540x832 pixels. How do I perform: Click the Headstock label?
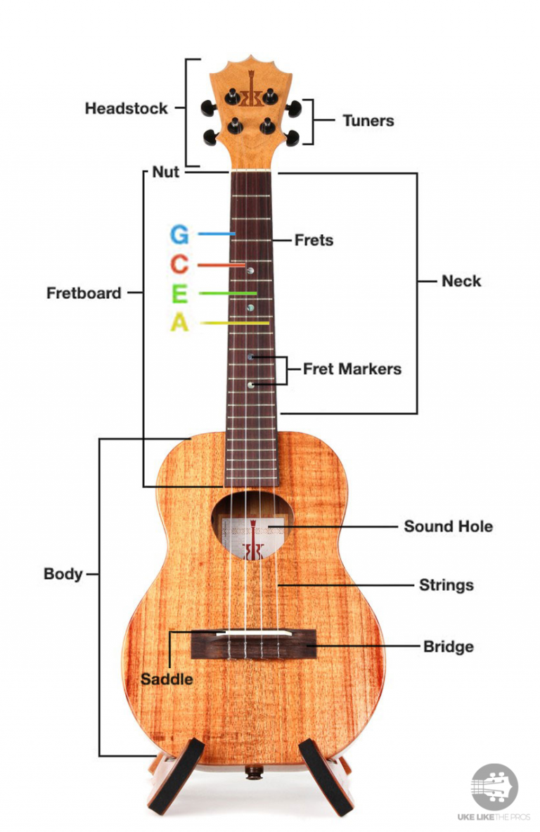click(x=127, y=108)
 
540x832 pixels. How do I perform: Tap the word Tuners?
click(x=368, y=120)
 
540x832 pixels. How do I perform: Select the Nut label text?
click(x=166, y=172)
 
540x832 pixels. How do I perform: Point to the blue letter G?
click(x=179, y=234)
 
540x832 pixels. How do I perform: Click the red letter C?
click(x=179, y=265)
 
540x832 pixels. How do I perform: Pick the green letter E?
click(x=179, y=293)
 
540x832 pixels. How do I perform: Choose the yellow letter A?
click(x=180, y=323)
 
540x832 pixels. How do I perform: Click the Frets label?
click(x=314, y=240)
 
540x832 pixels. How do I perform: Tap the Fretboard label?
click(x=84, y=293)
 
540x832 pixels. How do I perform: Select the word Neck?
click(x=461, y=281)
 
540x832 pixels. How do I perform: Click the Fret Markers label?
click(x=352, y=369)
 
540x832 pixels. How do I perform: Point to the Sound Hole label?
click(x=448, y=526)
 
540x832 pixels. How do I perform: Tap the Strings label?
click(x=446, y=584)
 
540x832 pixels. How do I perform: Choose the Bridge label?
click(x=448, y=646)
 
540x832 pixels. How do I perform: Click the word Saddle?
click(x=167, y=679)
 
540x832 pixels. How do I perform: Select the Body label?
click(x=63, y=573)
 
